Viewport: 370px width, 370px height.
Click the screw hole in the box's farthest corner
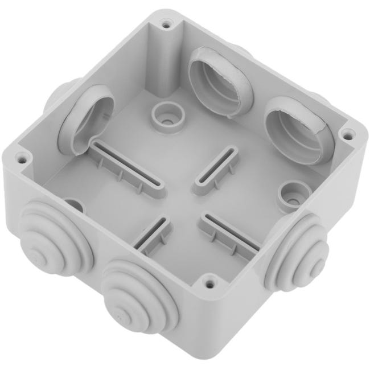166,24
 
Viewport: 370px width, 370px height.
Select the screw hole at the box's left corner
22,154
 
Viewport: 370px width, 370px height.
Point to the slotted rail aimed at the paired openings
216,169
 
